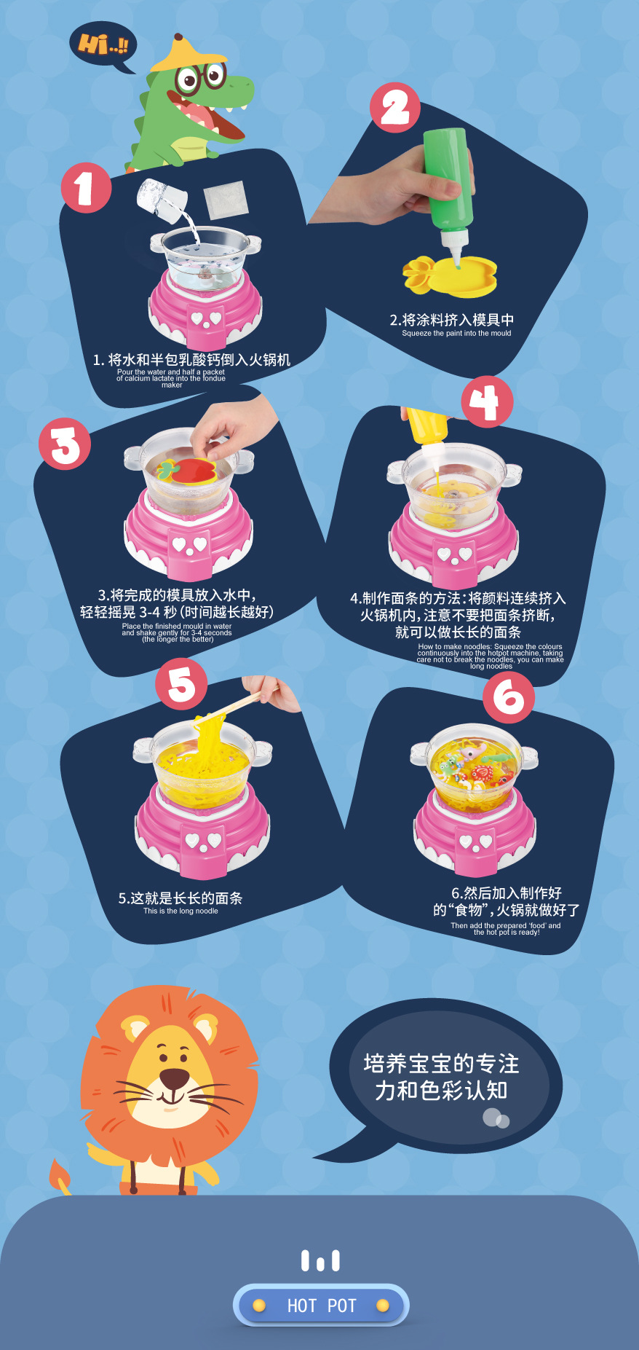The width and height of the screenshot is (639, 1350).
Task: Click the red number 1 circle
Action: pos(86,188)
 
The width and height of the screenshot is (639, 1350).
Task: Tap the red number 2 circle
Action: pos(395,108)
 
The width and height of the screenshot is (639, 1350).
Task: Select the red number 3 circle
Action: pos(65,444)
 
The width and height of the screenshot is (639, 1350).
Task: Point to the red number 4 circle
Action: pos(487,401)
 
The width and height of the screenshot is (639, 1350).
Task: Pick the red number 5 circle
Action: pos(181,683)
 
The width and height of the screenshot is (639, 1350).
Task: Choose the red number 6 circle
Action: pos(509,697)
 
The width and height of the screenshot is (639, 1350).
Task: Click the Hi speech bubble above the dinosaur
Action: pos(102,45)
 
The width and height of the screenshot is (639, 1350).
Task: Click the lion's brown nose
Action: pos(174,1078)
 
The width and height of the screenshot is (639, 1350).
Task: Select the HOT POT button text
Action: pos(321,1306)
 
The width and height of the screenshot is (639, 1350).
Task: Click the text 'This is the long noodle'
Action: pos(180,911)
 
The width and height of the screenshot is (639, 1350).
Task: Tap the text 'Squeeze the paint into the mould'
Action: pos(456,333)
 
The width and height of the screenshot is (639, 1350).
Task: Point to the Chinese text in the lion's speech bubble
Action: pos(441,1077)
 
